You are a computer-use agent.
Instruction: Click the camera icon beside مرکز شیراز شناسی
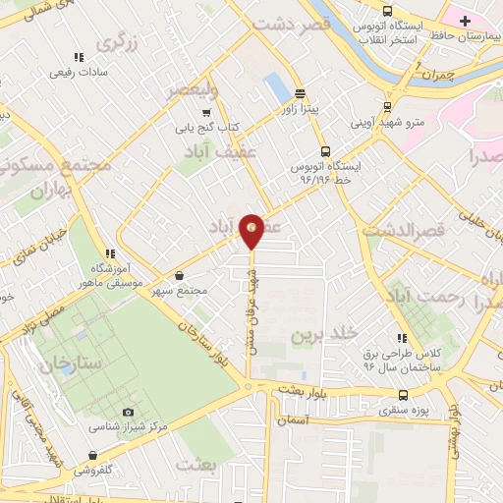click(x=128, y=412)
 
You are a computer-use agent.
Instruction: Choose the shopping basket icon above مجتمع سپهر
click(x=179, y=276)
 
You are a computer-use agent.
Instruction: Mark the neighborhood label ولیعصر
click(x=189, y=91)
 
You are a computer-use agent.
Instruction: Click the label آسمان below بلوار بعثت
click(x=292, y=419)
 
